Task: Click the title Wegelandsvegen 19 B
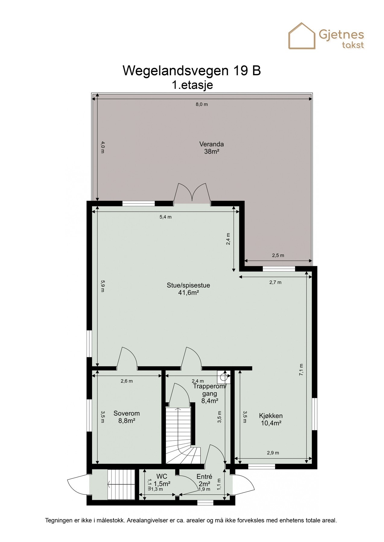coord(192,71)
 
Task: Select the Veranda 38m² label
coord(211,148)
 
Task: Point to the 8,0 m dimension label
coord(202,104)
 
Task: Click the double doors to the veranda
coord(192,193)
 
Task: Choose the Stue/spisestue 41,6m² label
coord(188,288)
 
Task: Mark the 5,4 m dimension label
coord(165,217)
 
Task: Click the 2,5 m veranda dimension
coord(278,255)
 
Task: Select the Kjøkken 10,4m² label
coord(271,419)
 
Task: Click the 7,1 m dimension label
coord(301,369)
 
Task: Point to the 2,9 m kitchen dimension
coord(273,453)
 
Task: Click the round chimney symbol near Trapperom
coord(224,376)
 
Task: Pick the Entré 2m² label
coord(204,480)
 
